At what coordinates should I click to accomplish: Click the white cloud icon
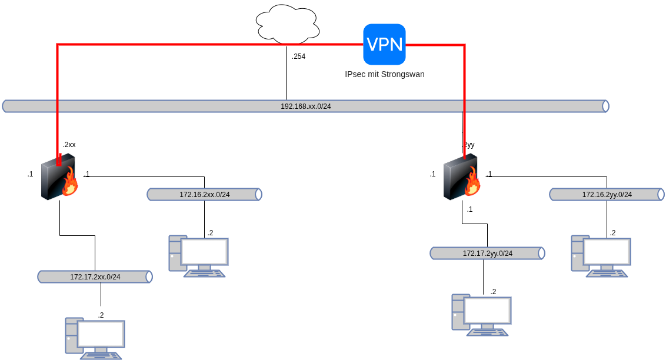point(288,25)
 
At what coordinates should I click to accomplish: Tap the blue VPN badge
point(384,44)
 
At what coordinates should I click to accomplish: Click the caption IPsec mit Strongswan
point(384,74)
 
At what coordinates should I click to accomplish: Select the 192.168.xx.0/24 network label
point(305,106)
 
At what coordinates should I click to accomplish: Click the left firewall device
point(58,177)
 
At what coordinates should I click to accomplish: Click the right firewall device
point(460,177)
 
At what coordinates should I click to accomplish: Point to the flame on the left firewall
point(71,183)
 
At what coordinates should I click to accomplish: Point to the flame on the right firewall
point(473,183)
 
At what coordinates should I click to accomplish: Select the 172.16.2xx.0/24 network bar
point(204,195)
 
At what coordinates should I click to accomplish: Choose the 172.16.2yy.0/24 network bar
point(607,195)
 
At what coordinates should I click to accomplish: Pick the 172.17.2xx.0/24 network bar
point(95,277)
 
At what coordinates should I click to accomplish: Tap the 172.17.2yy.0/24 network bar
point(487,254)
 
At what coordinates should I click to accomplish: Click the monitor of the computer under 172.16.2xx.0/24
point(204,252)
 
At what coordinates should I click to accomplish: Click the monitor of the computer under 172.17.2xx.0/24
point(101,334)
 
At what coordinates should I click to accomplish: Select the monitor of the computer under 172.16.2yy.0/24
point(607,252)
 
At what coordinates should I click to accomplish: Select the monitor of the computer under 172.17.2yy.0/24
point(487,311)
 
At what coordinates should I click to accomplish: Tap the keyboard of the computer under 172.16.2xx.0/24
point(204,274)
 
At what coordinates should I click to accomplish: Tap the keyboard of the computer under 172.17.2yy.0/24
point(487,332)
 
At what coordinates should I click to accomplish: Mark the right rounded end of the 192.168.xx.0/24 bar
point(605,106)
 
